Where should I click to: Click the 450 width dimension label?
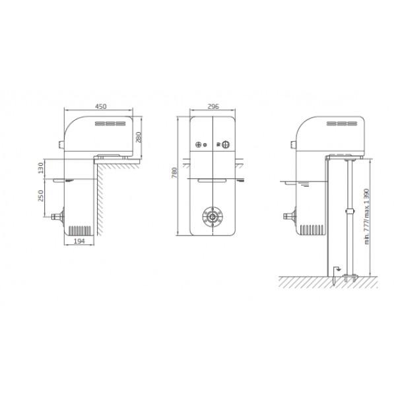(x=100, y=105)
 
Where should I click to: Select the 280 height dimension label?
(x=140, y=137)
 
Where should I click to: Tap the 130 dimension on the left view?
(x=40, y=169)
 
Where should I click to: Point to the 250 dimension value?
(x=40, y=196)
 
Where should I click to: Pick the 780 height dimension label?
(x=175, y=173)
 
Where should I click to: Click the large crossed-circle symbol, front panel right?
(x=225, y=145)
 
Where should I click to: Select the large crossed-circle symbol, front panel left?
(x=198, y=145)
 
